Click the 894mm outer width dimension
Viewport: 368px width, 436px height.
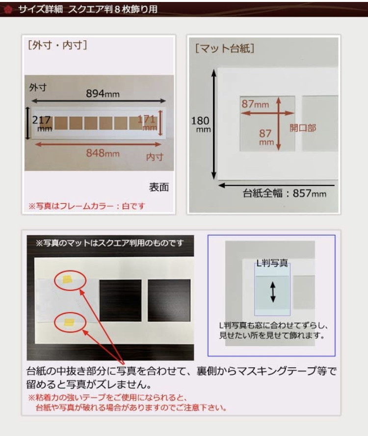(x=103, y=93)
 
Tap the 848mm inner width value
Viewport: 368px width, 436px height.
(x=103, y=153)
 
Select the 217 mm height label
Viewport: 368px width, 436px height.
(x=42, y=123)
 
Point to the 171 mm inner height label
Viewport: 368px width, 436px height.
(x=147, y=122)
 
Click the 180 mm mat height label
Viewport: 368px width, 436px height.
(x=200, y=124)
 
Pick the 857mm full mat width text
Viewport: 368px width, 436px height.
(x=284, y=193)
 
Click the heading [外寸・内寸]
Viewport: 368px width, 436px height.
(x=57, y=45)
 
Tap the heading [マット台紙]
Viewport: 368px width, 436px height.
(x=225, y=48)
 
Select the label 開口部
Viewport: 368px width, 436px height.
(x=303, y=128)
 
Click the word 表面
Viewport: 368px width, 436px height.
(x=159, y=187)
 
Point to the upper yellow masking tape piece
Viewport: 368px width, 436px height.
(x=68, y=279)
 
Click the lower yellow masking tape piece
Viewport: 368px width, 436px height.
(x=69, y=322)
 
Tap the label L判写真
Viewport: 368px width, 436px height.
(x=272, y=263)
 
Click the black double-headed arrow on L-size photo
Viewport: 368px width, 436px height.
(x=273, y=292)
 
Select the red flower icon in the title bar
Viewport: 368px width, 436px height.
(x=8, y=9)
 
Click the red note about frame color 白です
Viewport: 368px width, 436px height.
(x=87, y=206)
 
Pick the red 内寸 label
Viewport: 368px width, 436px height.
(x=155, y=157)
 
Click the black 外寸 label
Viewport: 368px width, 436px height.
(x=38, y=87)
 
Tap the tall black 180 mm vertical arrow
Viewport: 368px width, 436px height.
(x=214, y=124)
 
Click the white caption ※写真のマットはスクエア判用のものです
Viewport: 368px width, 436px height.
(x=109, y=243)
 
